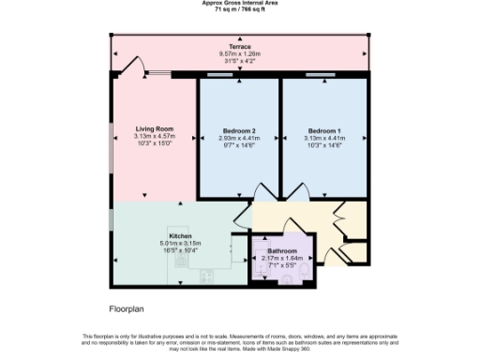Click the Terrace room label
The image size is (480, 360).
click(x=239, y=46)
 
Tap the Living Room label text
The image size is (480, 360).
click(x=154, y=128)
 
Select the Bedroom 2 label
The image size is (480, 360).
click(x=239, y=130)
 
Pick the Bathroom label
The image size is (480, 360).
click(x=282, y=252)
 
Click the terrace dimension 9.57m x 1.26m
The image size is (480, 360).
click(x=239, y=53)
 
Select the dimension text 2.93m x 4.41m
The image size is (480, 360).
click(x=239, y=138)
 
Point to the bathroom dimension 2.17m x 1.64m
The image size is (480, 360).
click(x=282, y=260)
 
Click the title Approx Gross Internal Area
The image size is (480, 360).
click(x=239, y=3)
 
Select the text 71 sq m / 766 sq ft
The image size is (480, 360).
click(x=239, y=9)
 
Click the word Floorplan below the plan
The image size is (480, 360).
click(x=127, y=307)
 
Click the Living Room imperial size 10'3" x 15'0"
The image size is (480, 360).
click(x=154, y=143)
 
